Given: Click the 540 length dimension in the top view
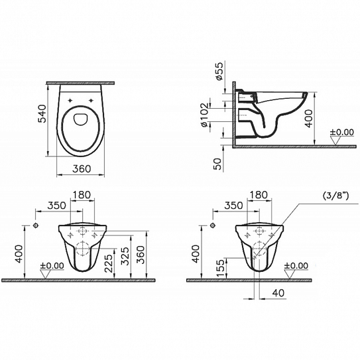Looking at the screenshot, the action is [x=42, y=113].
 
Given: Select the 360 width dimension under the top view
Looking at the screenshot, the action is [x=82, y=169].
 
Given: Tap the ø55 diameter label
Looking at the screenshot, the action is [x=219, y=71].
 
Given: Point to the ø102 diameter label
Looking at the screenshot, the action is [x=204, y=115].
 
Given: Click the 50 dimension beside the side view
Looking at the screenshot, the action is [x=218, y=164].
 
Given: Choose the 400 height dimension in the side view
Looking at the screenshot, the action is [x=309, y=119].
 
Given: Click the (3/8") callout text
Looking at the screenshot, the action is [x=336, y=196].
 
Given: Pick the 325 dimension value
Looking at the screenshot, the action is [x=126, y=256].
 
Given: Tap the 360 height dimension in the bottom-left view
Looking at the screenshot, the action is [x=141, y=255].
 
